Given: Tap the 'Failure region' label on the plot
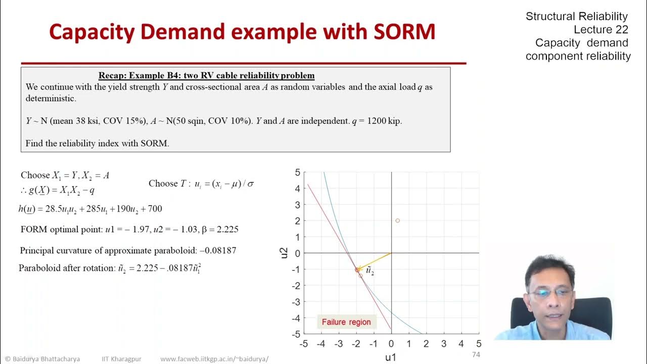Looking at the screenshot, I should point(346,322).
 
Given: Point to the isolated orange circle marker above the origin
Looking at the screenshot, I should point(398,220).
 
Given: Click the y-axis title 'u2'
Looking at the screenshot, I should point(284,253).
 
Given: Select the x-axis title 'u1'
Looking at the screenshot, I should point(391,357).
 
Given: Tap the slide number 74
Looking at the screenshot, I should point(476,354).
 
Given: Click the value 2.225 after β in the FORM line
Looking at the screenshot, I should point(227,230).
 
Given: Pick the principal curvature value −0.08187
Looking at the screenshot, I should point(218,250).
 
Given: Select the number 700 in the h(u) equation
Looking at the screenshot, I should point(154,209).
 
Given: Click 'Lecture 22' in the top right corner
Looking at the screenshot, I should point(600,29).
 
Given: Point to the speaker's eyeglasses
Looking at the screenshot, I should point(551,293).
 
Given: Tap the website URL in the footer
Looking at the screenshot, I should point(214,359).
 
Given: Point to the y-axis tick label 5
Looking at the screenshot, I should point(297,172).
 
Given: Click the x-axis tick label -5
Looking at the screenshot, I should point(303,344).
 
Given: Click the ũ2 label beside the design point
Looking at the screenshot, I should point(370,271).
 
